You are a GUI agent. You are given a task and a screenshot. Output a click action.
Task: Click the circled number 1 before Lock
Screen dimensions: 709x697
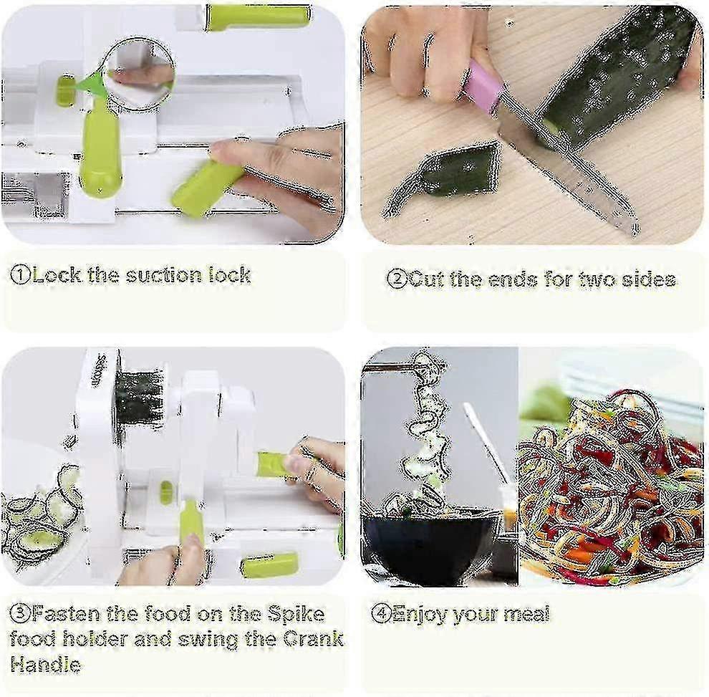coord(21,274)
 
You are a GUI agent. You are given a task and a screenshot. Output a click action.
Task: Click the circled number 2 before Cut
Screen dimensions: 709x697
coord(397,279)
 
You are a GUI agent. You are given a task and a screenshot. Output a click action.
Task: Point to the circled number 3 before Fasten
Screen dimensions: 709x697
coord(20,613)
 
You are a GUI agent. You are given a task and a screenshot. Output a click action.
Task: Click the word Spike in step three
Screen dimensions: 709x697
coord(296,615)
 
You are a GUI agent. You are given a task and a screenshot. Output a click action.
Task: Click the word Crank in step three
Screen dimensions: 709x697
coord(313,639)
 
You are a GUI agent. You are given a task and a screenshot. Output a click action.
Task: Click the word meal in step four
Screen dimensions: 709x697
coord(527,614)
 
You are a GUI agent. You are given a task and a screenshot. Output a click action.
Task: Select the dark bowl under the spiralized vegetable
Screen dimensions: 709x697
coord(431,547)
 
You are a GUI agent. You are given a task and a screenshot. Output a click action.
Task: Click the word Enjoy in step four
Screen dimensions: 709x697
coord(421,614)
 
